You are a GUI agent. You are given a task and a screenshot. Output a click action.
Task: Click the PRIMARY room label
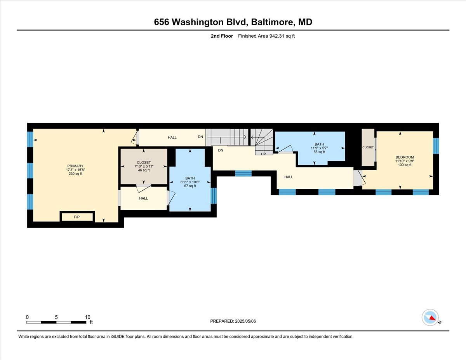coord(75,166)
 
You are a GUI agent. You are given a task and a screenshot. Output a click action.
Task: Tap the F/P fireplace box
coord(77,217)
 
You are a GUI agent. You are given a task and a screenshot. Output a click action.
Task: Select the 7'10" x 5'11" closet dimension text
coord(144,166)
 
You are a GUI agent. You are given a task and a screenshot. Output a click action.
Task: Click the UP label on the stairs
coord(263,154)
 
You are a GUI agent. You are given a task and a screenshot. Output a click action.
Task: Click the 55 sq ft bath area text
coord(319,152)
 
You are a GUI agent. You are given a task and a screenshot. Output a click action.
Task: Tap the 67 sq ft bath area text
coord(190,186)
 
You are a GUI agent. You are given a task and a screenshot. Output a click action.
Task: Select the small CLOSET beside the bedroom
coord(368,147)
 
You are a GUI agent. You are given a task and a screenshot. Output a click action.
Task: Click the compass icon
coord(430,317)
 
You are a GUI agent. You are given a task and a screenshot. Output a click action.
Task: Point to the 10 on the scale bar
coord(87,317)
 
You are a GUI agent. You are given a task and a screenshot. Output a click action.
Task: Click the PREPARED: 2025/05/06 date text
coord(233,321)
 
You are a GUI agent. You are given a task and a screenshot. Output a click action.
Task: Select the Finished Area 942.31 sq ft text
coord(264,36)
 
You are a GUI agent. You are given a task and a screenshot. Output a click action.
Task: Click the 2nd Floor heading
coord(222,36)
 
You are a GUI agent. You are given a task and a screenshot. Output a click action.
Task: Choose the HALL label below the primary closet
coord(143,198)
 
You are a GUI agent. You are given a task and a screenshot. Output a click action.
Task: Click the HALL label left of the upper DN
coord(172,137)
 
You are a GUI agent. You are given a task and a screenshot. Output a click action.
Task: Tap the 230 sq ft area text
coord(75,174)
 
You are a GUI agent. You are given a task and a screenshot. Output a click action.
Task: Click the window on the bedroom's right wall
coord(436,146)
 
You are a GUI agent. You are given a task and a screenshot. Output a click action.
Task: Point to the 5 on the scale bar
coord(56,317)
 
